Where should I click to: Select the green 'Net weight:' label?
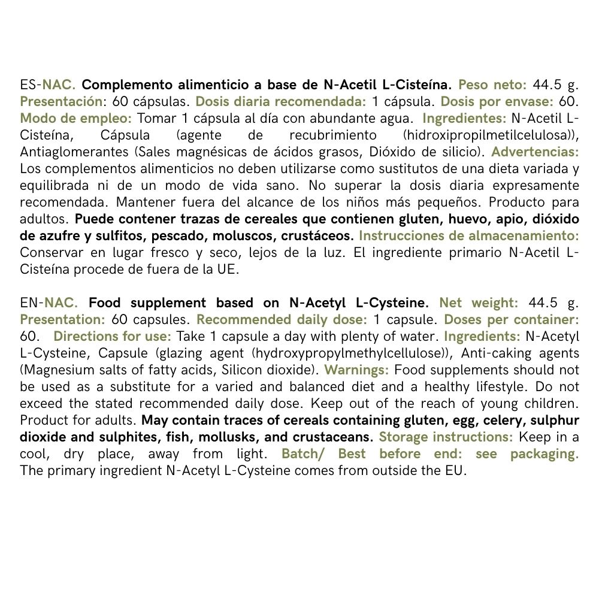[478, 302]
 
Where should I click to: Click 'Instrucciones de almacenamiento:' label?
[469, 235]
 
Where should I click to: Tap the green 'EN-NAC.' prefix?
[49, 302]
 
